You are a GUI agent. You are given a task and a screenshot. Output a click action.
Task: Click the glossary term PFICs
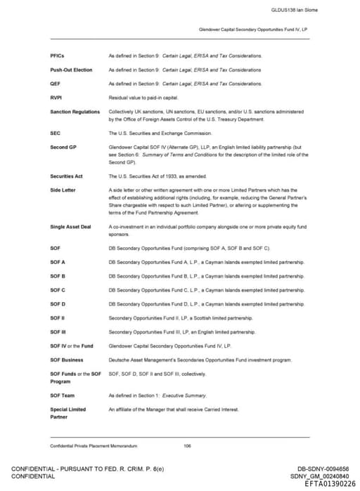point(58,55)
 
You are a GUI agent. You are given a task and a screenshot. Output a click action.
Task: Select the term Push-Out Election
point(71,70)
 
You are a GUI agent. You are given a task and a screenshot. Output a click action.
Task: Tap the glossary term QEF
point(56,84)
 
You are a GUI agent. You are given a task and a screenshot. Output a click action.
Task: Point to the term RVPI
point(57,98)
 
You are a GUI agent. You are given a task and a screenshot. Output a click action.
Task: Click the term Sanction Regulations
point(75,112)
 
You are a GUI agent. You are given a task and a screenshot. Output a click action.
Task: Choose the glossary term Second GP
point(63,147)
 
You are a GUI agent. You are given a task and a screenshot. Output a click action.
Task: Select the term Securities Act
point(66,176)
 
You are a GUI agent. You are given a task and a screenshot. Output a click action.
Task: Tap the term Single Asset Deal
point(70,226)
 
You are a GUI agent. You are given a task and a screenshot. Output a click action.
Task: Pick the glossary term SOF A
point(58,261)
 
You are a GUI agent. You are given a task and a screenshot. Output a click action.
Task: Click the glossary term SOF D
point(58,303)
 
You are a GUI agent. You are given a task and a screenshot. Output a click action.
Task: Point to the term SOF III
point(58,332)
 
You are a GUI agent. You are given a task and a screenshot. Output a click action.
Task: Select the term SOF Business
point(67,360)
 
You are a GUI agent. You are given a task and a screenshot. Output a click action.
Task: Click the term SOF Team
point(63,395)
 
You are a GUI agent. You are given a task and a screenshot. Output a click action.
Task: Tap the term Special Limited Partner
point(67,413)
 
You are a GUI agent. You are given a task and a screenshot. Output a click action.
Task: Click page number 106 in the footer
point(187,445)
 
